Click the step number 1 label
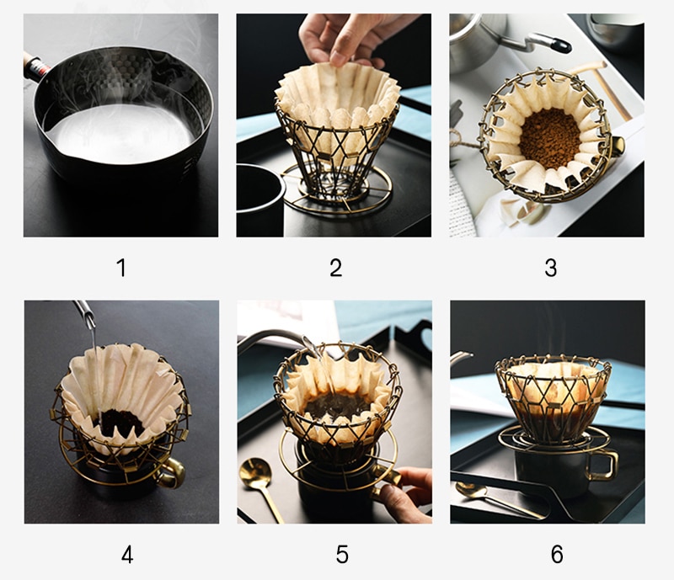pos(121,267)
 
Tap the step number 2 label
pos(335,267)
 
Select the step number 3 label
pos(551,267)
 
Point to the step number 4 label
pos(127,554)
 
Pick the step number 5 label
pos(342,554)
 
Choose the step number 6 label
pos(557,554)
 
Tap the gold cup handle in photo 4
pos(172,472)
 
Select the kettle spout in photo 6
pos(462,357)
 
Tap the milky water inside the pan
pos(120,134)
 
